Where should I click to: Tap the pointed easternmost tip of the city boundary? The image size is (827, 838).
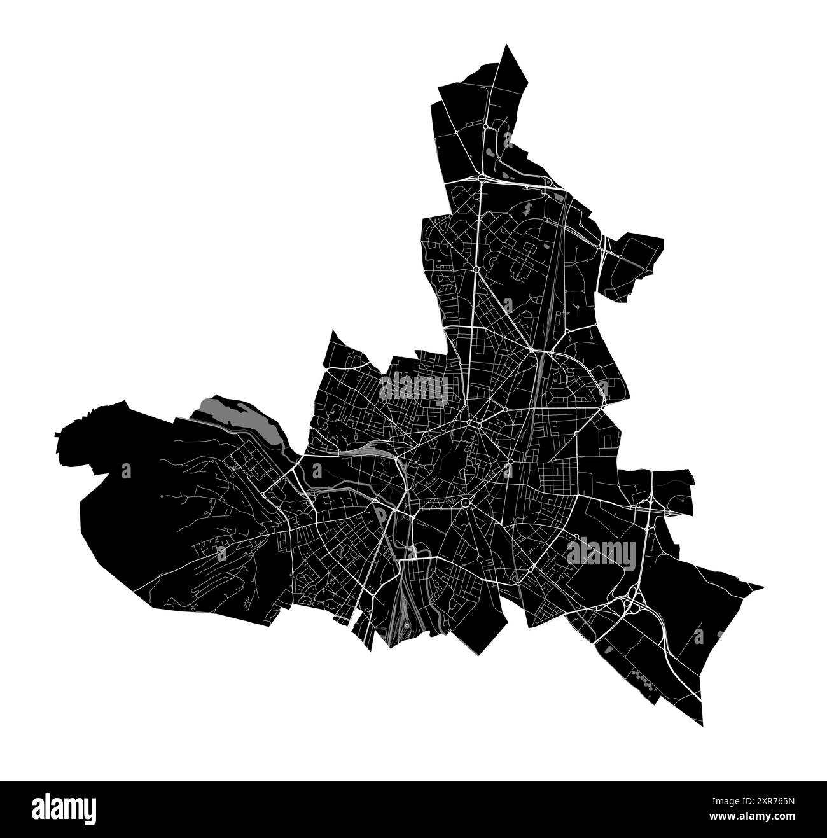pyautogui.click(x=762, y=586)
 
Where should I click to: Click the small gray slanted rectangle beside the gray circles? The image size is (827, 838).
pyautogui.click(x=608, y=650)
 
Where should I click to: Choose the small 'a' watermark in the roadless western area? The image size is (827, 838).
pyautogui.click(x=126, y=471)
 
